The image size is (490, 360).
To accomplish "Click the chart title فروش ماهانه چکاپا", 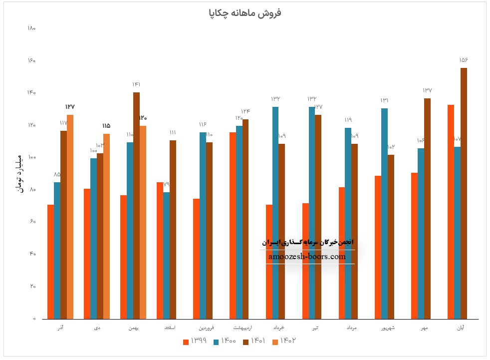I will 245,13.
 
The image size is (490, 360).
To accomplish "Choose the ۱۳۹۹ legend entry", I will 195,341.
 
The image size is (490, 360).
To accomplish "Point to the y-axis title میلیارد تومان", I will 20,173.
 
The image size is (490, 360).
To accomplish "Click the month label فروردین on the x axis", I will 206,328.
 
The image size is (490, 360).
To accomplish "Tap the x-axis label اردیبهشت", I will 243,328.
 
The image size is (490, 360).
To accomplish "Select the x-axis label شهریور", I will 388,328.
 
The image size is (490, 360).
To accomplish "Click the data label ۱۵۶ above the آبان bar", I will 464,60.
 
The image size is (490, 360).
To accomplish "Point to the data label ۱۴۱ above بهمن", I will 136,84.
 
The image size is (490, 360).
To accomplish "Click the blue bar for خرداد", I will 275,212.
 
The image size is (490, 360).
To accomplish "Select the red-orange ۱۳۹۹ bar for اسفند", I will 160,250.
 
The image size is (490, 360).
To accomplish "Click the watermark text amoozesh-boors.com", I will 307,257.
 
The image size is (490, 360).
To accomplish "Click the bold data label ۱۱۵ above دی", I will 106,126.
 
